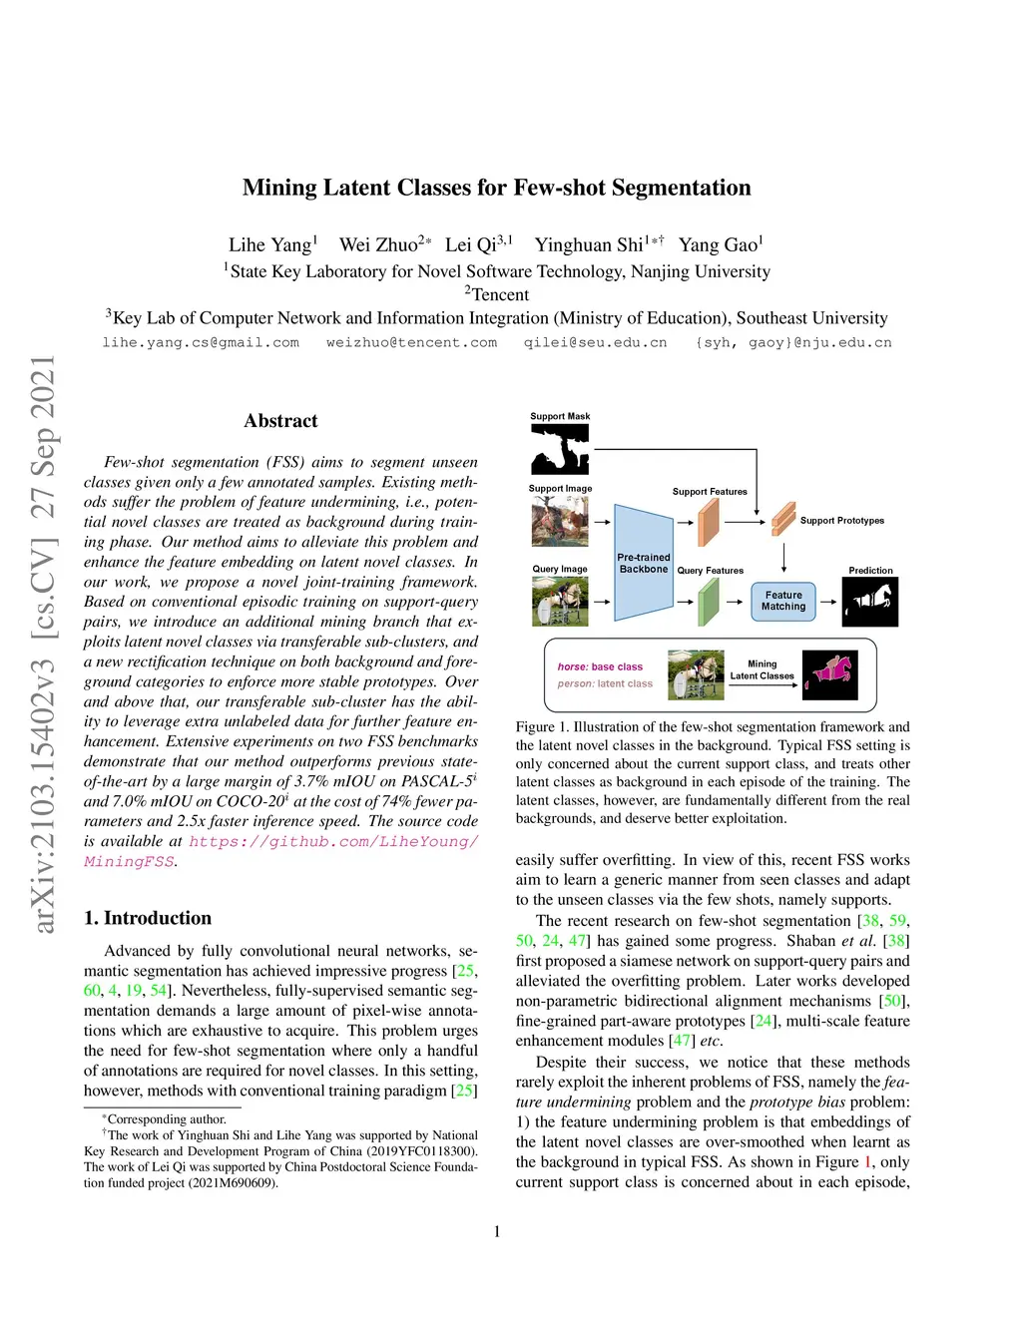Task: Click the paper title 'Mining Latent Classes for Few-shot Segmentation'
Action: coord(496,188)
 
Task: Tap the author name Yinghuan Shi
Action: coord(589,245)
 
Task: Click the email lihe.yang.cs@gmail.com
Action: coord(201,342)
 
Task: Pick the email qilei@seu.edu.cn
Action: coord(595,342)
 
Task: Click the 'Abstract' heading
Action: coord(280,421)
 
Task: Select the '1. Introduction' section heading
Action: coord(148,918)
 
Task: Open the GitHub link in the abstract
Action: coord(333,841)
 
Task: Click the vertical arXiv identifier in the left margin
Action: coord(43,644)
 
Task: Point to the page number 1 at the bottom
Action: coord(497,1231)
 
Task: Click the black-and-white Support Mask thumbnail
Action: coord(560,448)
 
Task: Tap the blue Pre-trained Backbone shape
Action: coord(643,563)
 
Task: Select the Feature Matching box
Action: coord(783,601)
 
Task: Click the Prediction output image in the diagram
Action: coord(870,602)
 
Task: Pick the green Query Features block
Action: coord(709,602)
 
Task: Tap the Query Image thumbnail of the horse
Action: coord(560,601)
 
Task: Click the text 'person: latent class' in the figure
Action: coord(605,683)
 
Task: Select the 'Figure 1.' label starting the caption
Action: coord(535,727)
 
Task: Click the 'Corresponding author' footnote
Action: coord(167,1119)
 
